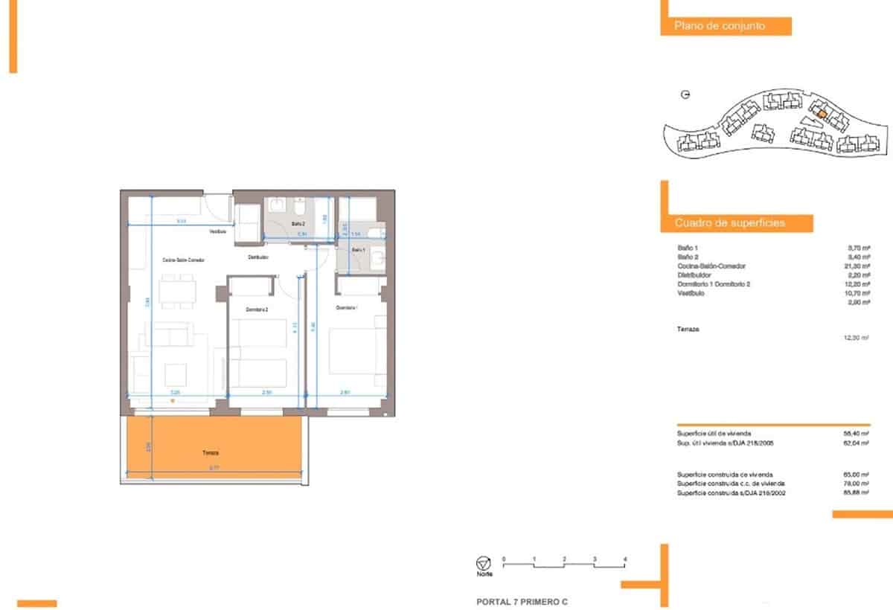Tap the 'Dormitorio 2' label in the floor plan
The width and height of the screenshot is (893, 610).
tap(257, 309)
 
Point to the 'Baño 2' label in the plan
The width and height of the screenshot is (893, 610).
tap(298, 223)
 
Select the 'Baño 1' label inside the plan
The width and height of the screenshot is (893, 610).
tap(358, 250)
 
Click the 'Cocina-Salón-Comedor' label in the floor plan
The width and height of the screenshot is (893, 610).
tap(183, 260)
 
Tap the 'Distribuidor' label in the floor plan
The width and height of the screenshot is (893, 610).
tap(258, 257)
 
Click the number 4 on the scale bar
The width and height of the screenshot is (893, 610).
tap(626, 558)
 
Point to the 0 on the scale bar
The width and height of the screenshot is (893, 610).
tap(504, 558)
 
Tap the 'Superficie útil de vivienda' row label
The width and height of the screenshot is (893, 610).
tap(714, 433)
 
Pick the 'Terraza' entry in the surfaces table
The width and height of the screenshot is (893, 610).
tap(688, 328)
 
